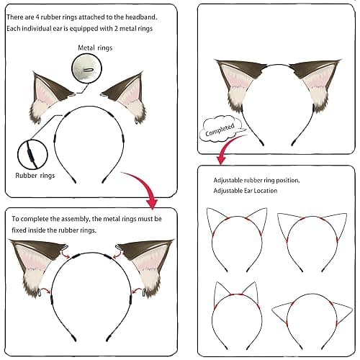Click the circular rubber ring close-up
[32, 153]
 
